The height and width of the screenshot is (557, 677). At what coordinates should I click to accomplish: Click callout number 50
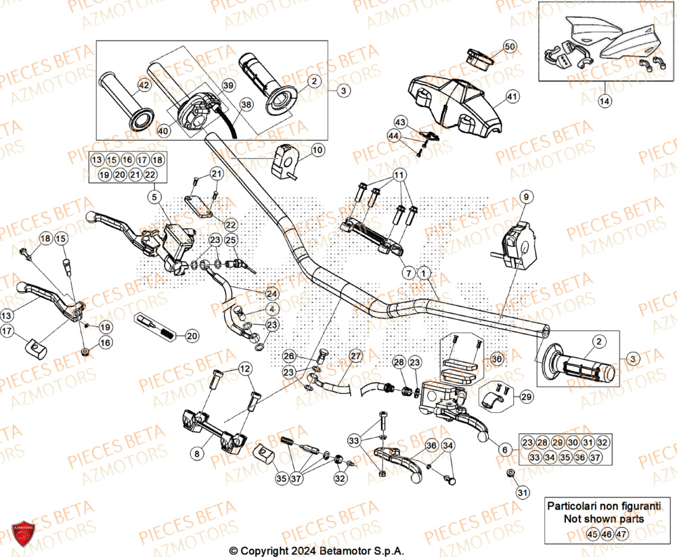coord(510,47)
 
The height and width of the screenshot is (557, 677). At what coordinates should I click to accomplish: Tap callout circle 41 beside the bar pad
coord(512,97)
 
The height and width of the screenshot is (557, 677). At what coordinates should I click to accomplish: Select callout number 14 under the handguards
coord(604,102)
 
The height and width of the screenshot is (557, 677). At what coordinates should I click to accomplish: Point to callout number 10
coord(318,149)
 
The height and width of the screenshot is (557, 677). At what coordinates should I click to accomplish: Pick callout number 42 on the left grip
coord(144,86)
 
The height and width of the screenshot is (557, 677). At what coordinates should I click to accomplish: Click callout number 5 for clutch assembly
coord(154,197)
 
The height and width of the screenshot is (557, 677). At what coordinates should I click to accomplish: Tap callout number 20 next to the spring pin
coord(192,336)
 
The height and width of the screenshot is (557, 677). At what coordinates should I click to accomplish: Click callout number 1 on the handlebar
coord(424,272)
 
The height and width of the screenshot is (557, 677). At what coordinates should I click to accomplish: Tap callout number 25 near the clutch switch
coord(231,240)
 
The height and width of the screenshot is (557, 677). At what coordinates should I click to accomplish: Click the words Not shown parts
coord(594,518)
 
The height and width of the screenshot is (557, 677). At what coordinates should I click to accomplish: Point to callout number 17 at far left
coord(7,332)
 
